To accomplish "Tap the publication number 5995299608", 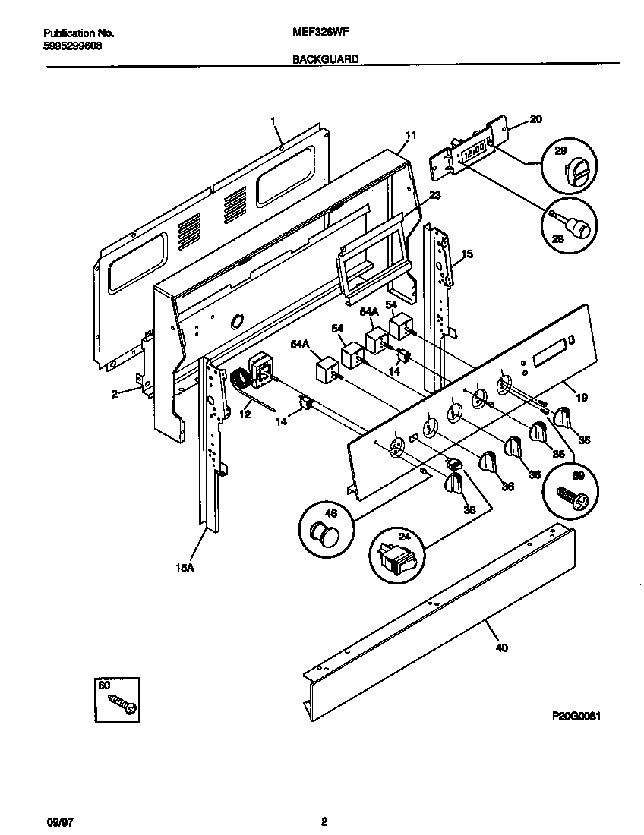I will coord(73,46).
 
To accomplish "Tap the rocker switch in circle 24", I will coord(397,562).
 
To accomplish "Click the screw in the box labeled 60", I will coord(122,704).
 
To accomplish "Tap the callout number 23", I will coord(434,195).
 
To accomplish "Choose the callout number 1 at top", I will coord(273,120).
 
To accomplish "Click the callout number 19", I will coord(582,396).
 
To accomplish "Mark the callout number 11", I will coord(411,135).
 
